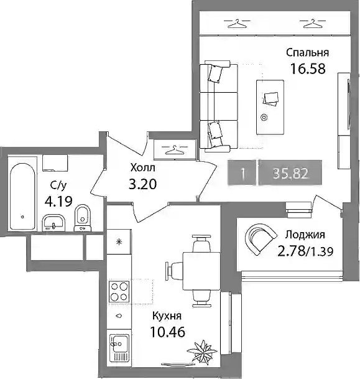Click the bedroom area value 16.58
point(308,68)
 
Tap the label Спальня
point(307,52)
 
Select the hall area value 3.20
point(143,184)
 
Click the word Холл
point(143,167)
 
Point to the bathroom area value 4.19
point(58,201)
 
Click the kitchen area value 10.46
point(168,332)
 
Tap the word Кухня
point(167,316)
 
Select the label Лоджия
point(305,235)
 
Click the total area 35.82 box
point(290,173)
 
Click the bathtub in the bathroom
point(22,197)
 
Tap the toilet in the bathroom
point(83,218)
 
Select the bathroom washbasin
point(53,223)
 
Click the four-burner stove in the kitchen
point(119,291)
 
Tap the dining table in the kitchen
point(201,271)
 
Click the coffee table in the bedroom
point(270,108)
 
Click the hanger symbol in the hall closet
point(175,150)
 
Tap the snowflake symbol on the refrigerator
point(119,241)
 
